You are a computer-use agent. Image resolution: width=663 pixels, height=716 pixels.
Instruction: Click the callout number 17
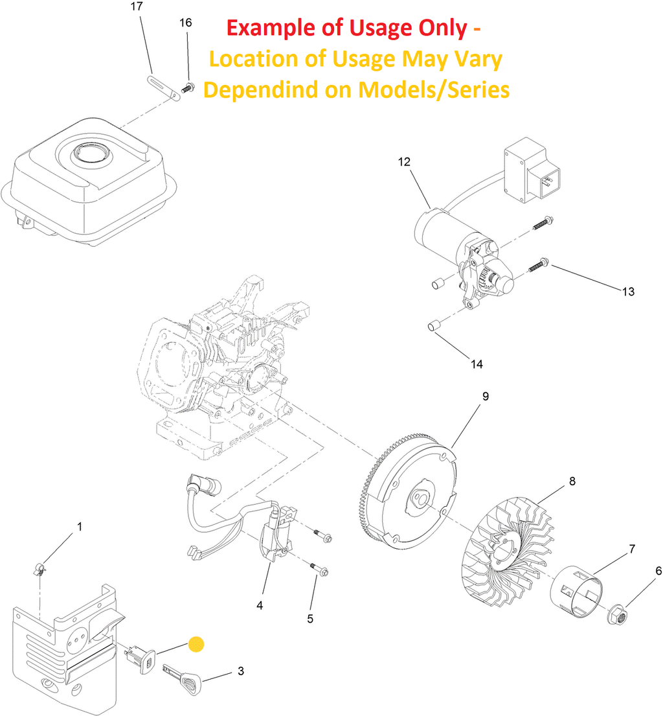click(136, 7)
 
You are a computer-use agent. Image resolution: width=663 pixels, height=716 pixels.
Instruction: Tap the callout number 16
click(185, 23)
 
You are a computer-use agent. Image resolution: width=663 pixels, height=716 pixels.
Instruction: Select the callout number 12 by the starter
click(404, 162)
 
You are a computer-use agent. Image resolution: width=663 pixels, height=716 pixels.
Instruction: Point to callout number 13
click(628, 292)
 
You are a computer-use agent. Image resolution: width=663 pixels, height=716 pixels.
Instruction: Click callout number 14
click(477, 364)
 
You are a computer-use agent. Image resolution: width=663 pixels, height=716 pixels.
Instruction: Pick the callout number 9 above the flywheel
click(485, 395)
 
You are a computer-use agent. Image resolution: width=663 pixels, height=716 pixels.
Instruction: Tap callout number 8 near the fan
click(572, 481)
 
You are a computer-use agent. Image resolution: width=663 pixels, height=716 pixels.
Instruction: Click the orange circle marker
click(196, 644)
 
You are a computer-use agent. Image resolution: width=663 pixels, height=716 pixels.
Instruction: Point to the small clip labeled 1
click(41, 570)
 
